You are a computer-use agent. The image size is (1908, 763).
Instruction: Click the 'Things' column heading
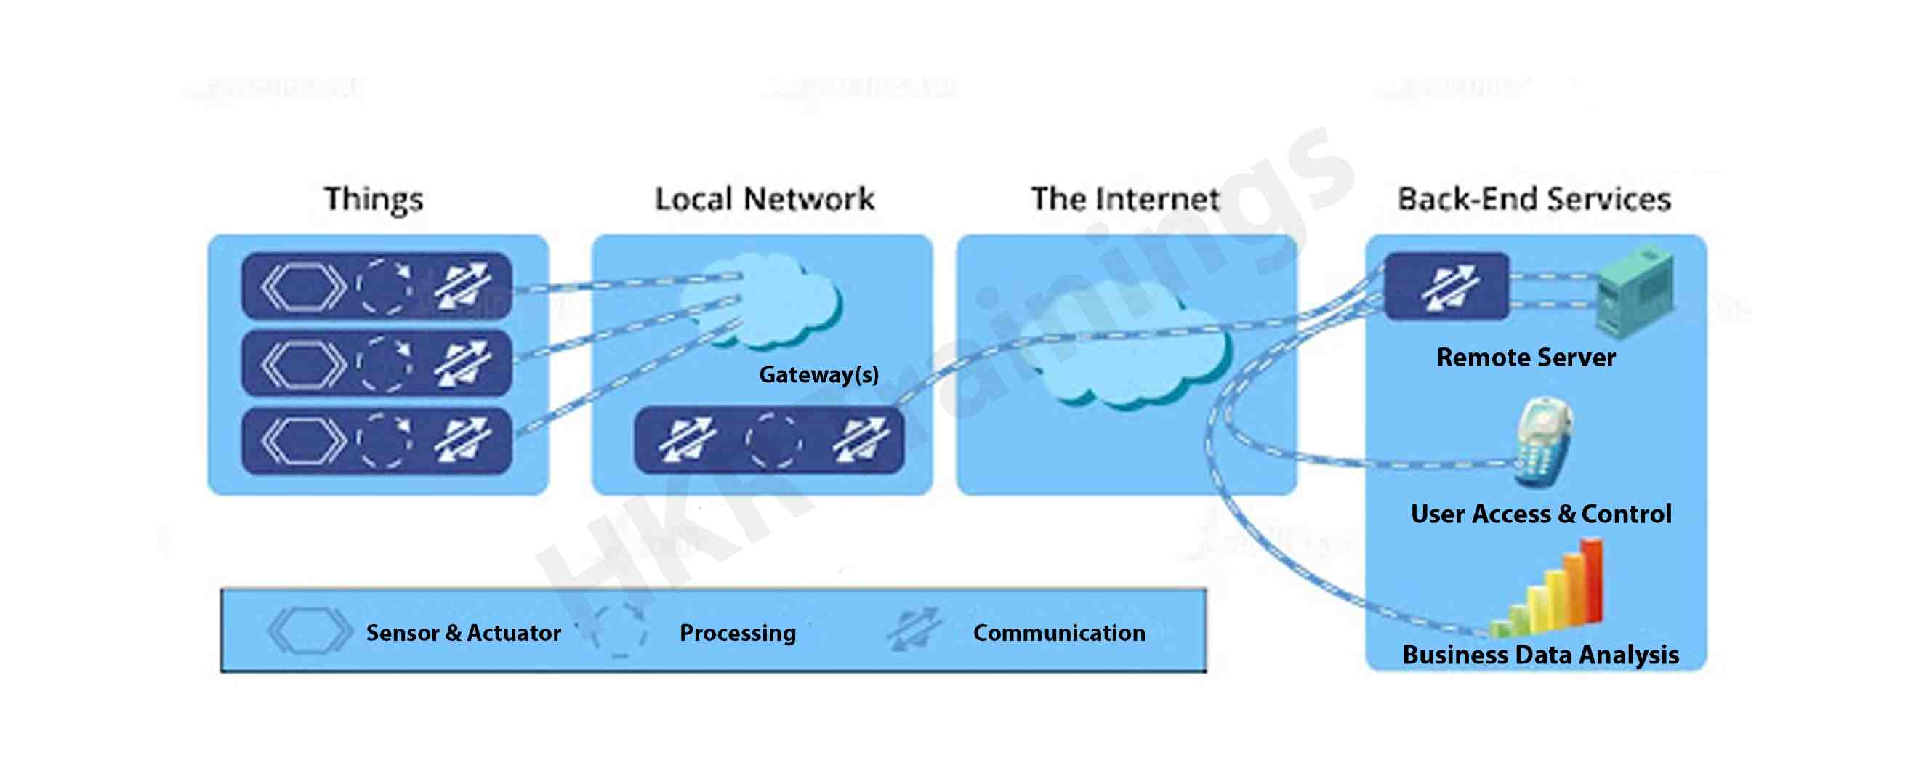click(374, 199)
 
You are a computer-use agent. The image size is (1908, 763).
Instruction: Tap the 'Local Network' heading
click(765, 199)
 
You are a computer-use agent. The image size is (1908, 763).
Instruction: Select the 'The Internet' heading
click(1125, 199)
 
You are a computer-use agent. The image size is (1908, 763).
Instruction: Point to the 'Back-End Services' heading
click(1534, 199)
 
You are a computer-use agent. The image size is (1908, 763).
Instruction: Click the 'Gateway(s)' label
click(818, 375)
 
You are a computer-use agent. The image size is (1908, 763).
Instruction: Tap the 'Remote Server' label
click(1526, 358)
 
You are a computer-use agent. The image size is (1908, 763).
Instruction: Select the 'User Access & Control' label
click(1541, 514)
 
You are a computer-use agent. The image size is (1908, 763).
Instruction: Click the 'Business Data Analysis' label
click(1541, 655)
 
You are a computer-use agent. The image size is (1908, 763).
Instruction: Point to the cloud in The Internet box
click(1133, 355)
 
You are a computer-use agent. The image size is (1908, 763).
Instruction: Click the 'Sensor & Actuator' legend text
click(463, 634)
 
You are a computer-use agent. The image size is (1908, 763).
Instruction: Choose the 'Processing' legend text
click(738, 634)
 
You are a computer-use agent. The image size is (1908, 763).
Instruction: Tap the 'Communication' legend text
click(1059, 634)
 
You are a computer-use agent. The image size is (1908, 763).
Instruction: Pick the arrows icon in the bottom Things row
click(463, 441)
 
